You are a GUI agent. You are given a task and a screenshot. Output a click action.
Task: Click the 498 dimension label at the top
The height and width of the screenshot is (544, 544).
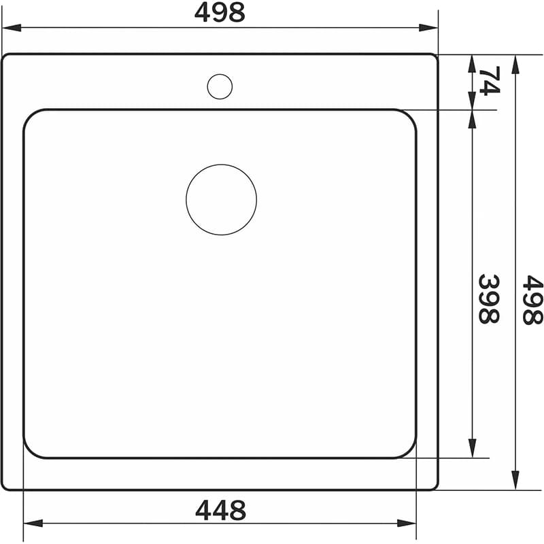[x=220, y=13]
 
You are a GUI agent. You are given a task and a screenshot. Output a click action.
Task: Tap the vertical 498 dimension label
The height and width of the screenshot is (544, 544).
[x=532, y=300]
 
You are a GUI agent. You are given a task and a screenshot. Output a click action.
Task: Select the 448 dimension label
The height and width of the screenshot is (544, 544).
[x=220, y=510]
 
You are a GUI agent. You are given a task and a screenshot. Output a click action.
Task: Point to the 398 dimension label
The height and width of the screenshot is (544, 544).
[x=489, y=299]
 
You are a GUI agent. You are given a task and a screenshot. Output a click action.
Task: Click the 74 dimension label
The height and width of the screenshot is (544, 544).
[x=490, y=80]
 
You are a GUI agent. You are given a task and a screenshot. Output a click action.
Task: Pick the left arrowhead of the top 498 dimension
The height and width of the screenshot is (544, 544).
[x=12, y=28]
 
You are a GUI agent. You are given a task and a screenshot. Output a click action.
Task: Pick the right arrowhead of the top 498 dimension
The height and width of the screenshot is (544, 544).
[x=428, y=28]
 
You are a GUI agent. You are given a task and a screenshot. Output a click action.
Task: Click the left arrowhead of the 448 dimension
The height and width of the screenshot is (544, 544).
[x=33, y=523]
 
